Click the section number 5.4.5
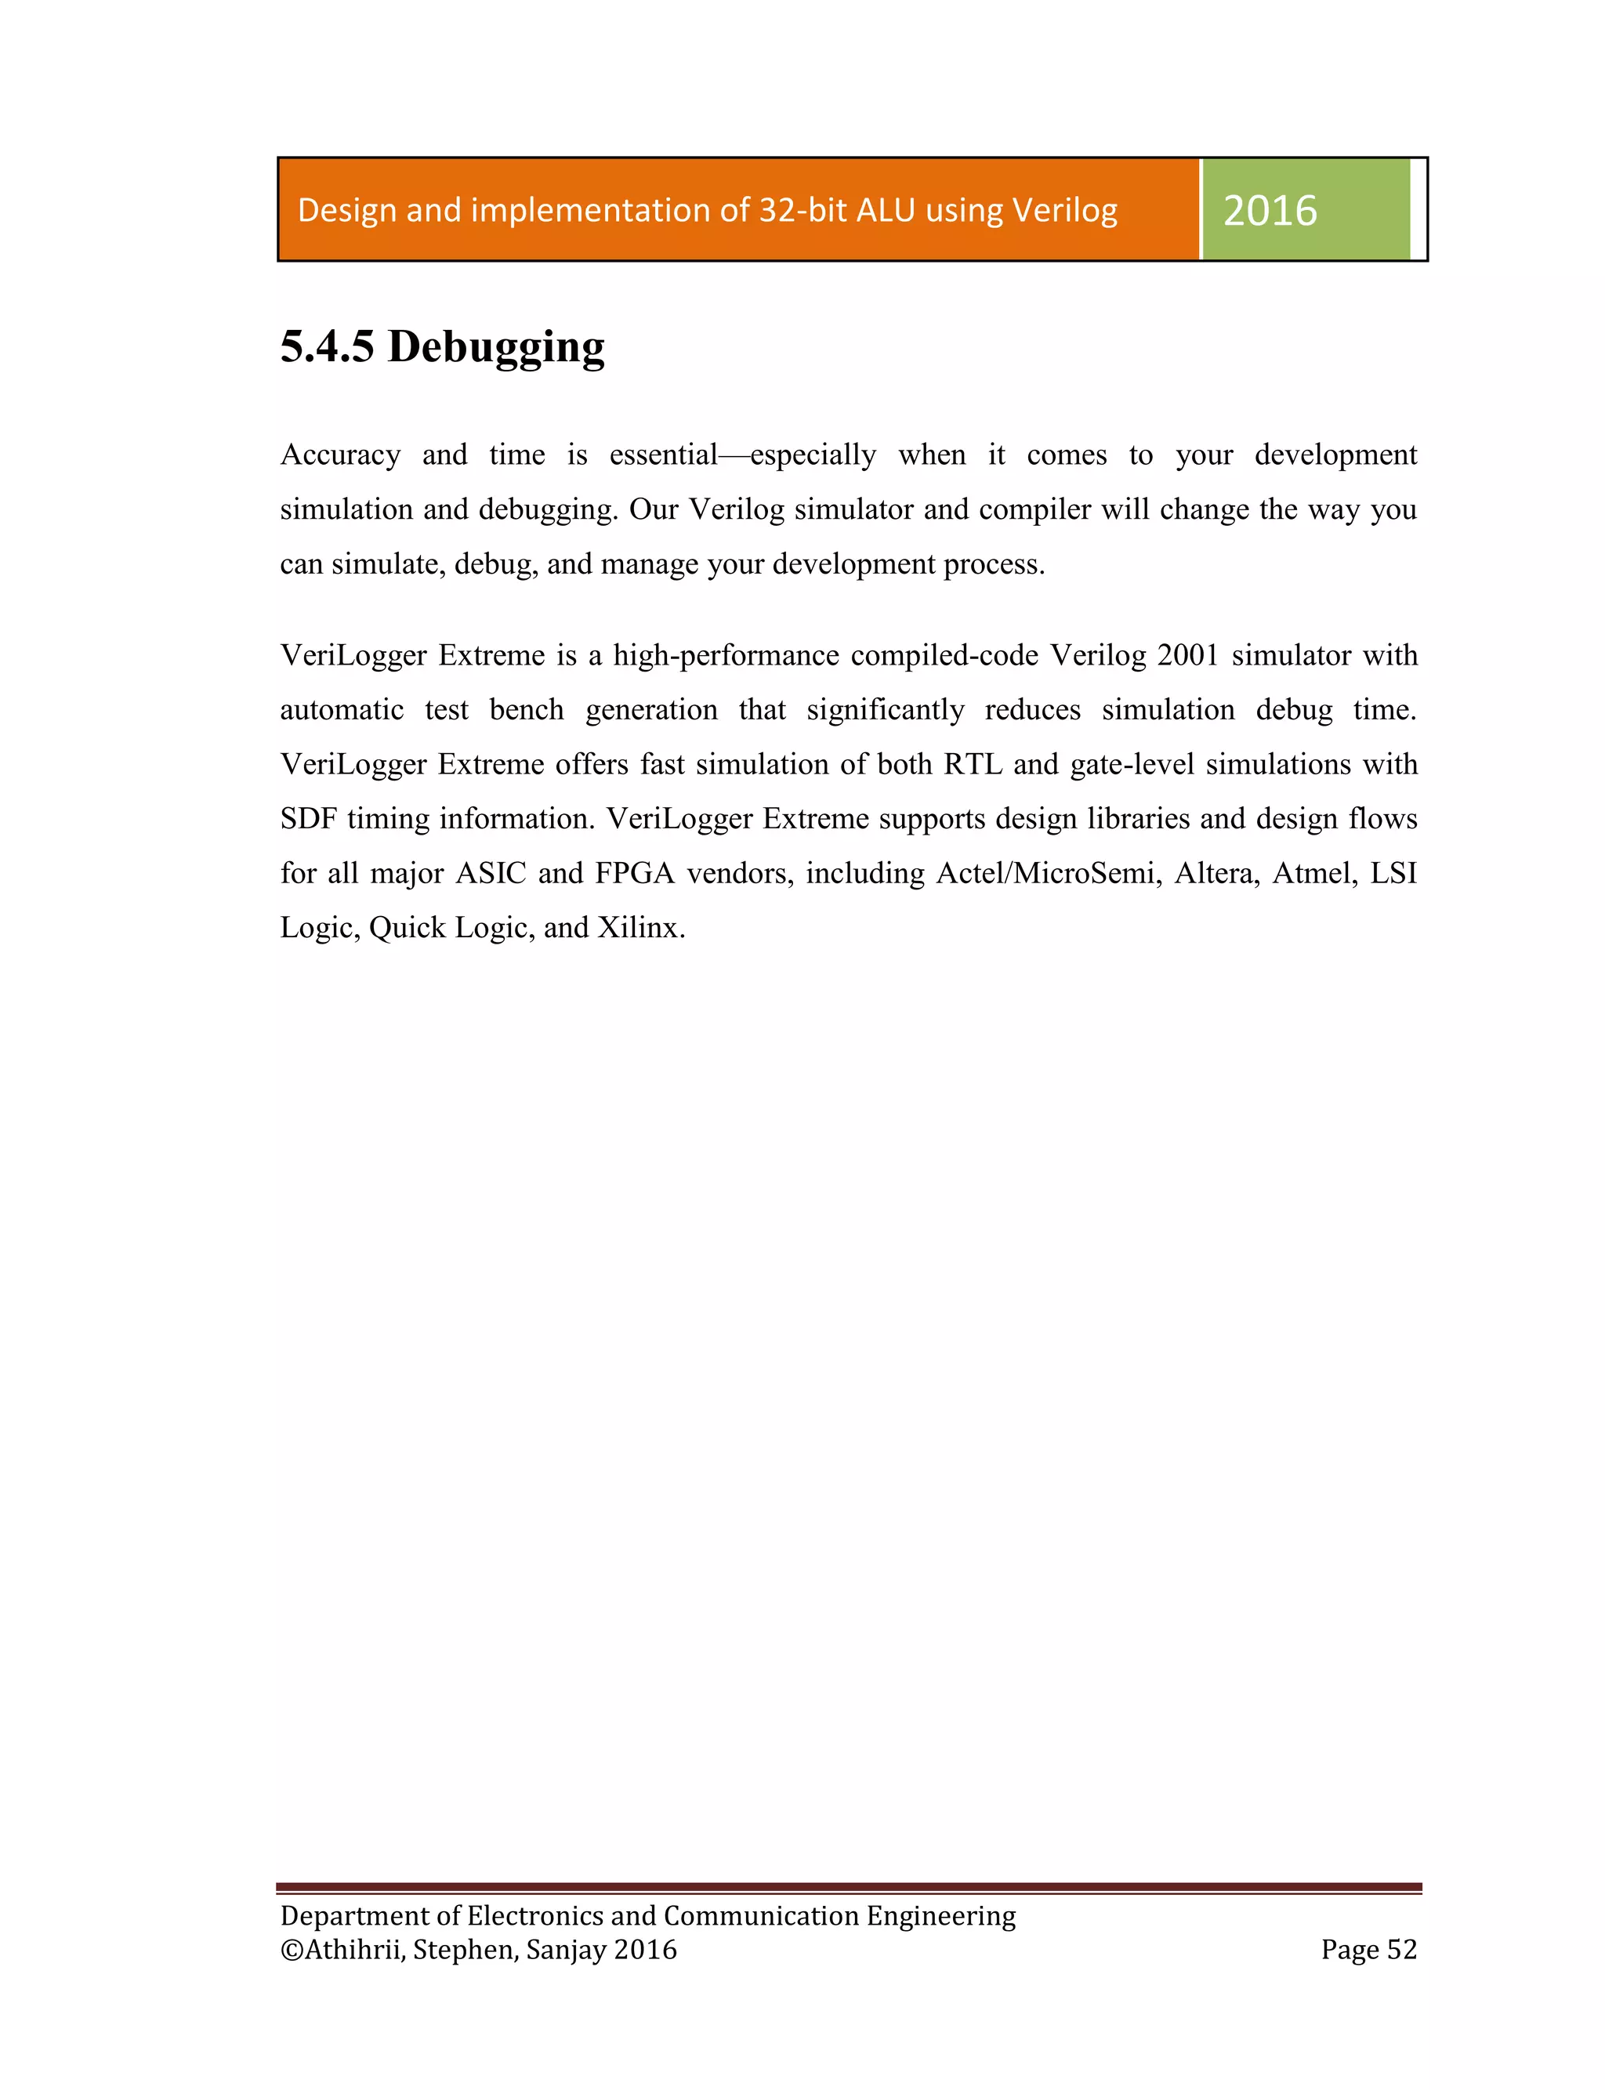pyautogui.click(x=327, y=346)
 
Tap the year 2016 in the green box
pyautogui.click(x=1270, y=210)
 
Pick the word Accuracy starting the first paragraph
pyautogui.click(x=340, y=455)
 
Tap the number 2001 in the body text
pyautogui.click(x=1187, y=655)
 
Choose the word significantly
pyautogui.click(x=886, y=710)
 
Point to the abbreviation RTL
pyautogui.click(x=973, y=764)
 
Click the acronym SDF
pyautogui.click(x=309, y=819)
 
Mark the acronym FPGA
pyautogui.click(x=634, y=873)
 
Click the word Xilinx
pyautogui.click(x=640, y=928)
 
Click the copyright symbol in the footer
pyautogui.click(x=292, y=1950)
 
